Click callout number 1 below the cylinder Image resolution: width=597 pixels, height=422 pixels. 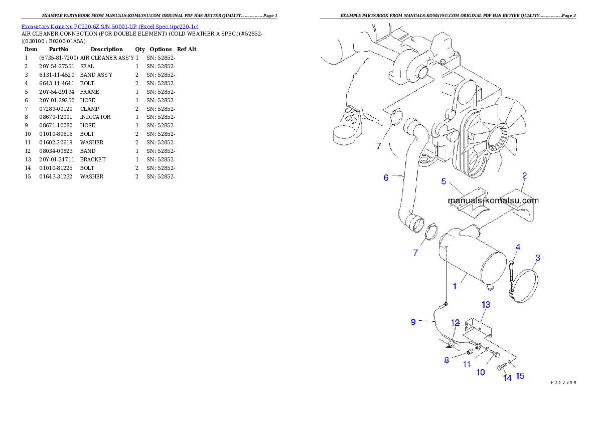(455, 286)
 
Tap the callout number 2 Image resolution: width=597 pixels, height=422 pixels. (524, 175)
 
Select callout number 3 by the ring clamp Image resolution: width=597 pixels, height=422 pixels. (537, 258)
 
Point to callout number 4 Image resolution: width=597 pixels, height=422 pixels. (518, 247)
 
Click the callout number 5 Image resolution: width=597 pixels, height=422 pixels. (443, 181)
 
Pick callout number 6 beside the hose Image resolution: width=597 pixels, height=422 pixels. (386, 177)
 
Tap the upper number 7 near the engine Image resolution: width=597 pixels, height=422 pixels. (379, 146)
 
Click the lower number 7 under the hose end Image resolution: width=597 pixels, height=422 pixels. (415, 253)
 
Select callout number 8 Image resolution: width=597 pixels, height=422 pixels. (446, 360)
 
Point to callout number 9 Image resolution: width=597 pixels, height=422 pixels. (413, 322)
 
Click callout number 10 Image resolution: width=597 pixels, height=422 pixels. (481, 372)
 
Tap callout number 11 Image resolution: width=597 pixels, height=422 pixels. (467, 365)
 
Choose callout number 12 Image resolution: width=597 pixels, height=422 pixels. (455, 322)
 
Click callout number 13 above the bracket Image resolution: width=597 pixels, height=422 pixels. (486, 304)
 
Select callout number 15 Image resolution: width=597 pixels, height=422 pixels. (520, 375)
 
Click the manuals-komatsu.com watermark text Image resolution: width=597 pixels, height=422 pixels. (493, 200)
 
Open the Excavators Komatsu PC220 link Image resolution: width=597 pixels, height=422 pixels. (110, 26)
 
